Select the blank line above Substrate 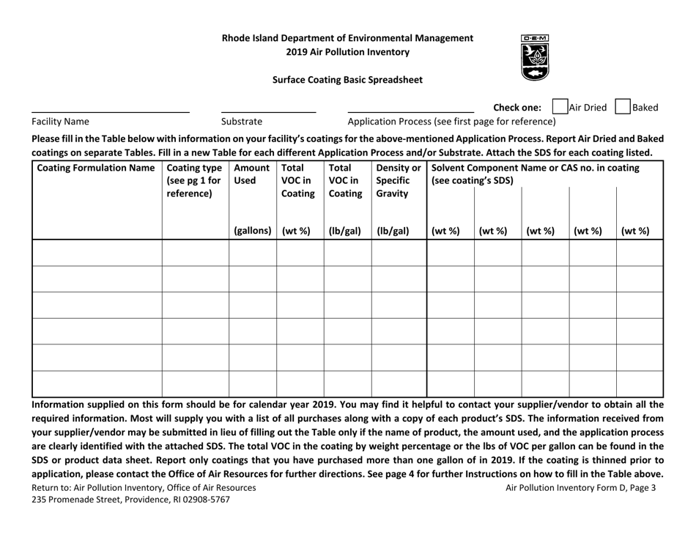point(268,111)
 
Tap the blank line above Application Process point(410,111)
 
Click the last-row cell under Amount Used point(252,383)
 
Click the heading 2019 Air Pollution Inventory point(348,52)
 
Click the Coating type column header point(195,181)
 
